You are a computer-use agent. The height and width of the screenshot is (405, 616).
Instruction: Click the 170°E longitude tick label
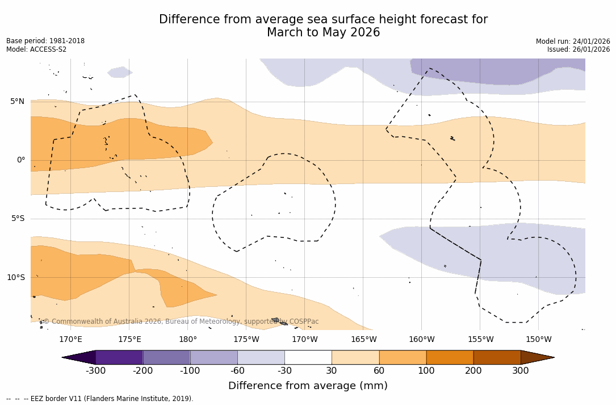(x=70, y=340)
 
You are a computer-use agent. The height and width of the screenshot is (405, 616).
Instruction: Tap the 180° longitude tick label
(x=188, y=340)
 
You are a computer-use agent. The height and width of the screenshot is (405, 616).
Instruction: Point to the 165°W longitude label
(x=363, y=340)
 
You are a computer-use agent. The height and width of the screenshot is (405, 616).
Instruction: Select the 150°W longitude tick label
(x=539, y=340)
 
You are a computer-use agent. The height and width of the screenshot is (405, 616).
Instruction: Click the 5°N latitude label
(x=17, y=102)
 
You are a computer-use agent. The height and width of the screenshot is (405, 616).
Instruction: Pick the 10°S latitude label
(x=15, y=278)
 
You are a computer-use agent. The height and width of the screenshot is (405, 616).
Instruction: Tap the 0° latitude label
(x=20, y=160)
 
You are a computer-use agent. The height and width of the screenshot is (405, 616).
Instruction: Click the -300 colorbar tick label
(x=95, y=371)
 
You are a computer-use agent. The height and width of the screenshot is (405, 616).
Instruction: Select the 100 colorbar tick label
(x=426, y=371)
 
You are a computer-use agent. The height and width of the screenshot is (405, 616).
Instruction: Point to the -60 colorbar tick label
(x=237, y=371)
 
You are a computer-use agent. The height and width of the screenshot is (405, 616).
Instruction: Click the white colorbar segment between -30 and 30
(x=308, y=357)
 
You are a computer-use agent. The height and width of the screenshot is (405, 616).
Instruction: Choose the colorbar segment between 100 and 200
(x=450, y=357)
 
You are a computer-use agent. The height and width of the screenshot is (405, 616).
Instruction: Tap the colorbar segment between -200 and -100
(x=166, y=357)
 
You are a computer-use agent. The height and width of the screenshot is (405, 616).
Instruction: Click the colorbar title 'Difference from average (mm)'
(x=308, y=386)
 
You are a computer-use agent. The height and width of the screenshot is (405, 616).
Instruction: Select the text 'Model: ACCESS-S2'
(x=36, y=49)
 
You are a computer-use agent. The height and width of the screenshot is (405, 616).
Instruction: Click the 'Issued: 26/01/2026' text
(x=579, y=49)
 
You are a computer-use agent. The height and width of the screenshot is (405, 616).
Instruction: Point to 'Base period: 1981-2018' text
(x=45, y=41)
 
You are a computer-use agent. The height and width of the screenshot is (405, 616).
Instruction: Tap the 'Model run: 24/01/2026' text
(x=573, y=41)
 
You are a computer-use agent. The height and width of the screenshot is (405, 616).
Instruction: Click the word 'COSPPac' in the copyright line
(x=304, y=322)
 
